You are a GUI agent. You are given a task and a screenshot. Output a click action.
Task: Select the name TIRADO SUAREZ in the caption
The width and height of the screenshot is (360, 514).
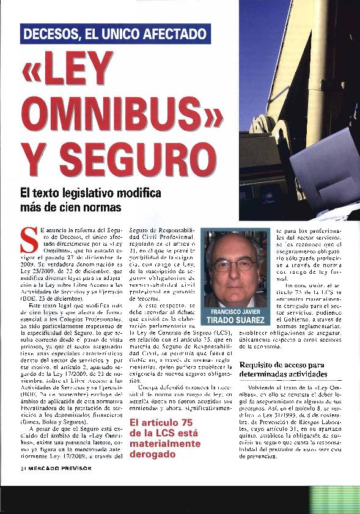click(235, 320)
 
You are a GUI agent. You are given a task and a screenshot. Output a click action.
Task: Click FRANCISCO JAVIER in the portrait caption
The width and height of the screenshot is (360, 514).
click(235, 311)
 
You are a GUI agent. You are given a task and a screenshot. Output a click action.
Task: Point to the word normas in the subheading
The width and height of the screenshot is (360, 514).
click(105, 207)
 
